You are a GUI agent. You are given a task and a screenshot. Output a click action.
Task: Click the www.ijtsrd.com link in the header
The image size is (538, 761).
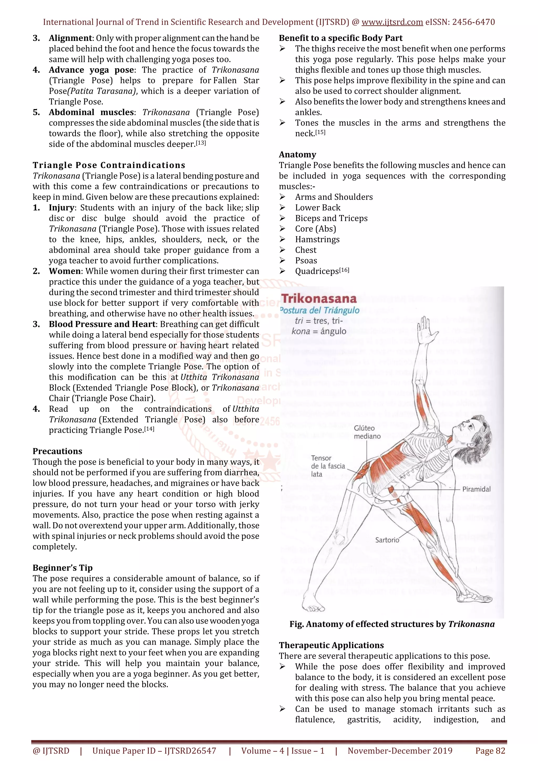click(392, 22)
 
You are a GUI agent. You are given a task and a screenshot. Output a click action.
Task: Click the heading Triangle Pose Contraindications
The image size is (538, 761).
click(109, 165)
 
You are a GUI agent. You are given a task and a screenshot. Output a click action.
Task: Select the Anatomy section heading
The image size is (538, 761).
click(297, 154)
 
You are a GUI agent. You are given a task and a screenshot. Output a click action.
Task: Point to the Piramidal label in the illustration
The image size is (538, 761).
click(476, 489)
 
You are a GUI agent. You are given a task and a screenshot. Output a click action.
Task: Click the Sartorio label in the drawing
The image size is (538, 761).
click(387, 540)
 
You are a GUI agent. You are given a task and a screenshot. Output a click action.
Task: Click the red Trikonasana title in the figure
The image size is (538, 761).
click(319, 299)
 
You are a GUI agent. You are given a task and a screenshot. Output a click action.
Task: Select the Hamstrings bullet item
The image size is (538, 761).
click(317, 239)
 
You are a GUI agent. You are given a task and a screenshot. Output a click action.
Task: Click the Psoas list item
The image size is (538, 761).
click(306, 260)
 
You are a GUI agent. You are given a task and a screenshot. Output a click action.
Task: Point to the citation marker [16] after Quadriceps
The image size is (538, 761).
click(344, 270)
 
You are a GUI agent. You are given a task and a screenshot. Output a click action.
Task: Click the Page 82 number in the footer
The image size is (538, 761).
click(490, 751)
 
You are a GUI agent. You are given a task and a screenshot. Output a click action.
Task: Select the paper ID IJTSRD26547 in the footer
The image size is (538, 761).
click(190, 751)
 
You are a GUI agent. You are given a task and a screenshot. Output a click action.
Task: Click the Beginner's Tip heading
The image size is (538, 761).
click(62, 568)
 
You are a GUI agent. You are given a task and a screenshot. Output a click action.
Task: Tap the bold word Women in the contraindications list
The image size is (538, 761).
click(65, 271)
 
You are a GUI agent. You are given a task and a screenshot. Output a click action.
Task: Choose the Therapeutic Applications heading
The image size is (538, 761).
click(331, 645)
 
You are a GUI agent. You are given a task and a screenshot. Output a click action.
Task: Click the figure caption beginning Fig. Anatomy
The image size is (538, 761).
click(392, 624)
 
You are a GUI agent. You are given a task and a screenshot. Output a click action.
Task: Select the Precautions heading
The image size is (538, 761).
click(57, 451)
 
